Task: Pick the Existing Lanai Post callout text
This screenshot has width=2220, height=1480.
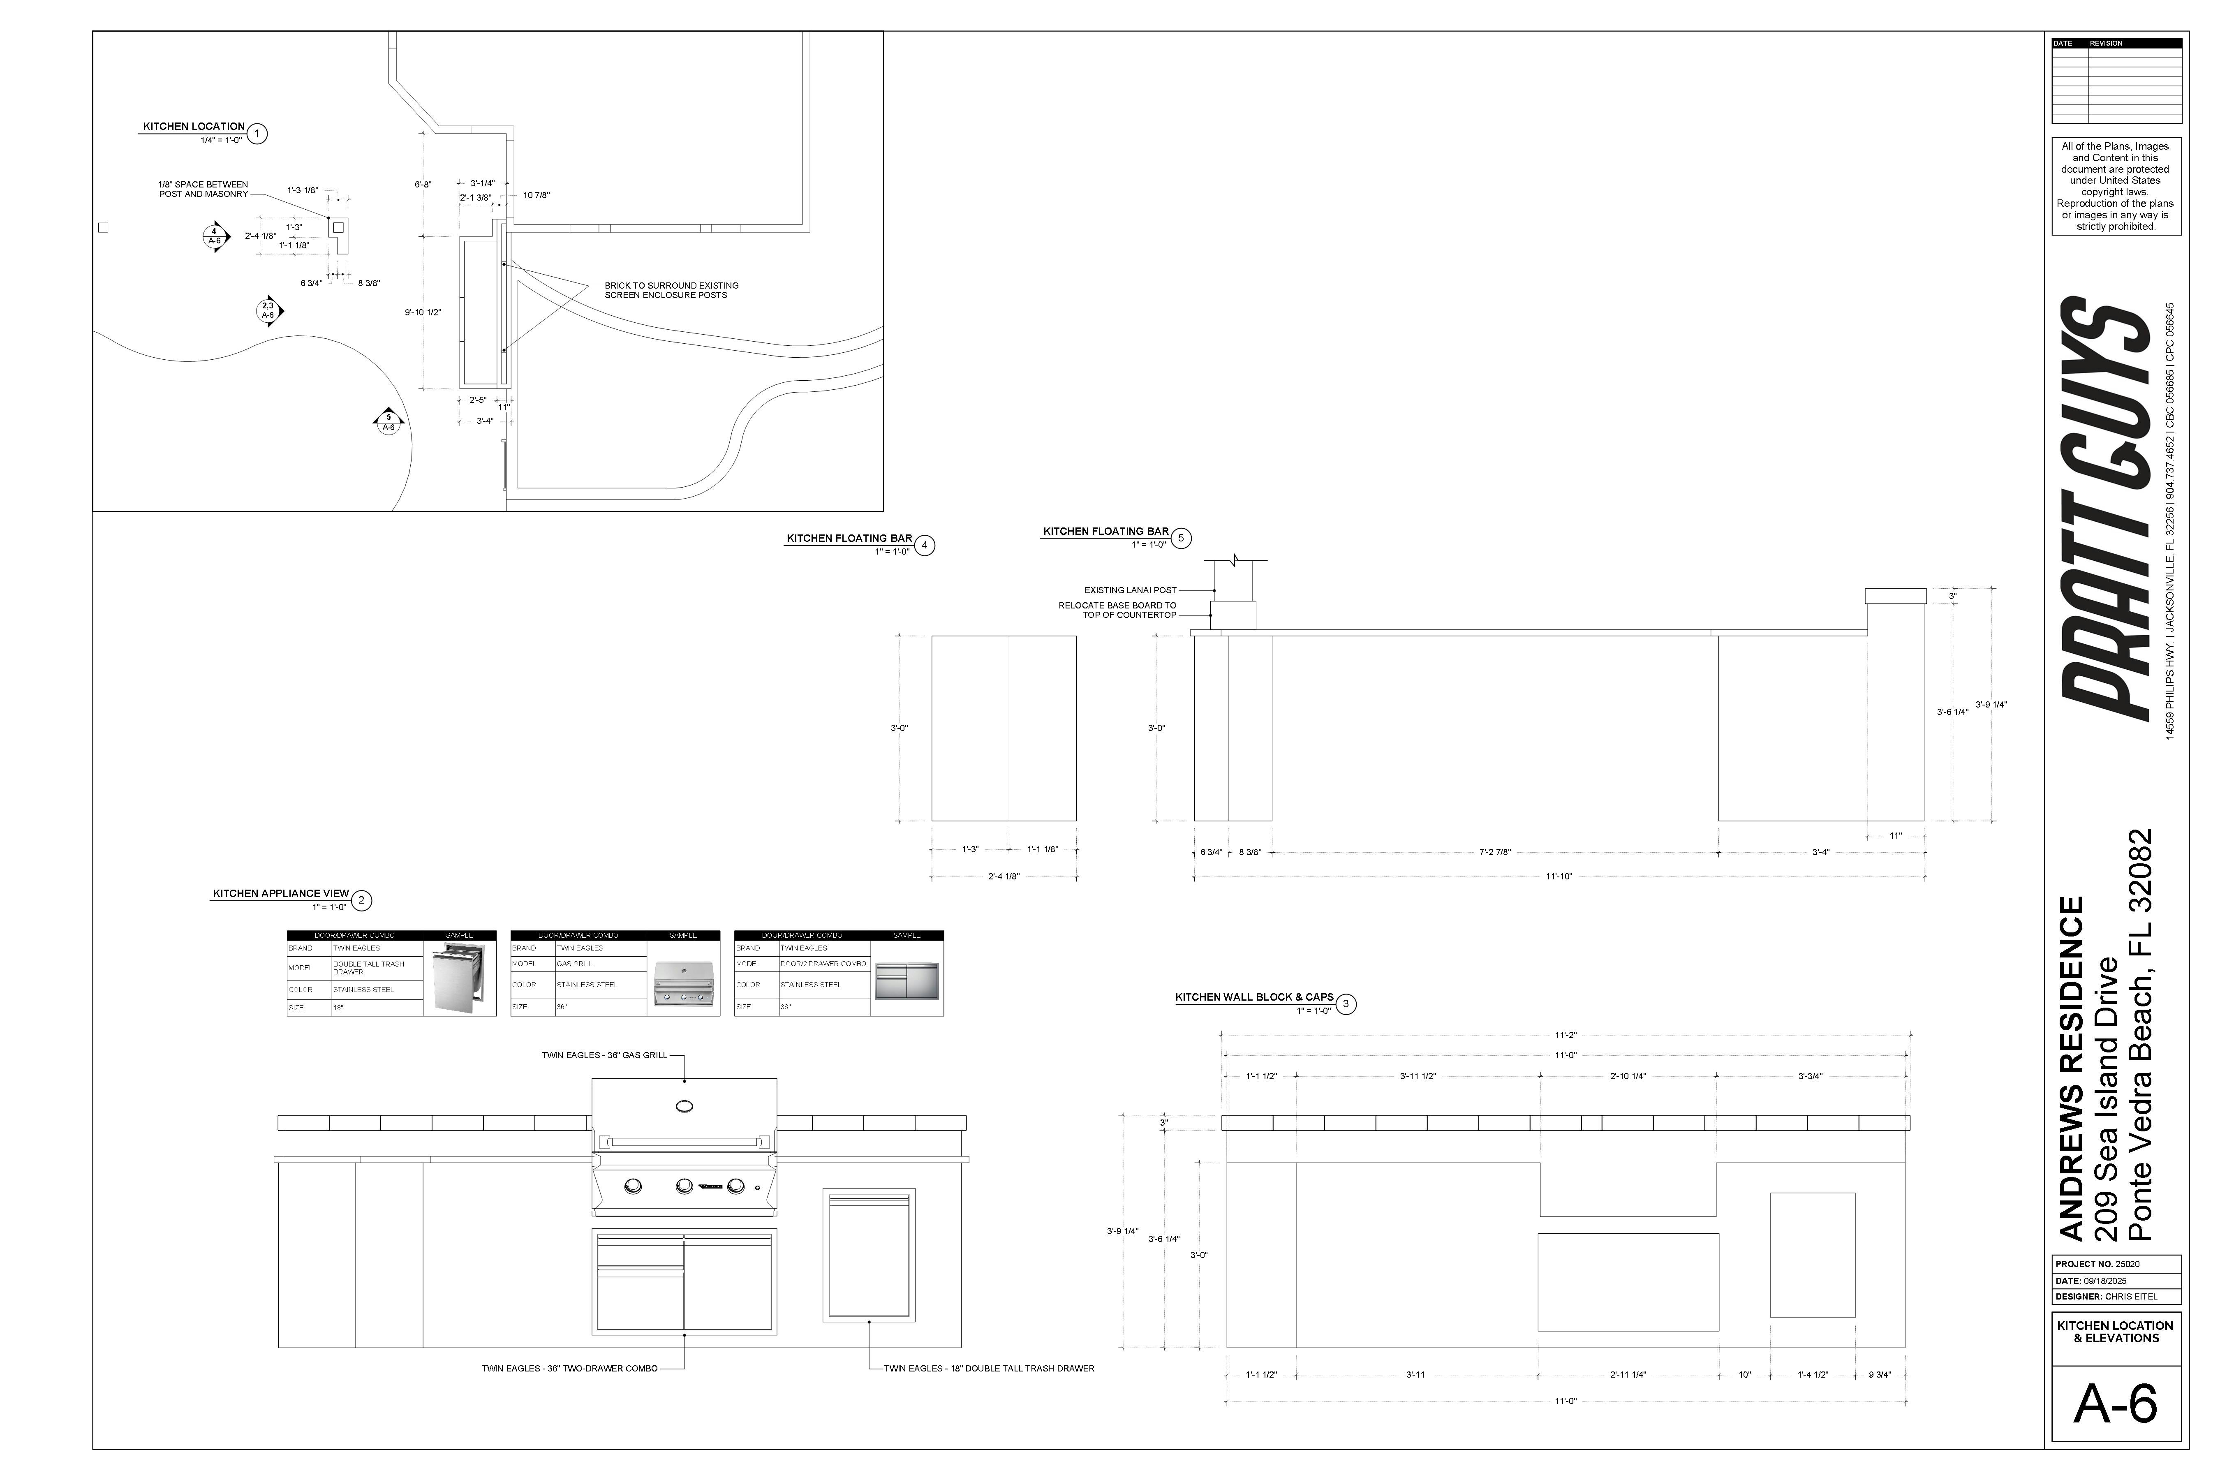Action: (x=1130, y=590)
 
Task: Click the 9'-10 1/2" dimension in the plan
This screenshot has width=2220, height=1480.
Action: (x=423, y=312)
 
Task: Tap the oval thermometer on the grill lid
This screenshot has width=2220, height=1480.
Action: (x=684, y=1106)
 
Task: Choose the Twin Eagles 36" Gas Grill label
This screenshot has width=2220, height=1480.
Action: (x=604, y=1055)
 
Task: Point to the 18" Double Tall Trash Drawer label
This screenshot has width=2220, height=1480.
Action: (x=988, y=1369)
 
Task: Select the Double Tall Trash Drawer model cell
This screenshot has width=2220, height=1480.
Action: (x=376, y=967)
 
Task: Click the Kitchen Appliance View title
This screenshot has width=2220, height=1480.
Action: (x=280, y=894)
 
